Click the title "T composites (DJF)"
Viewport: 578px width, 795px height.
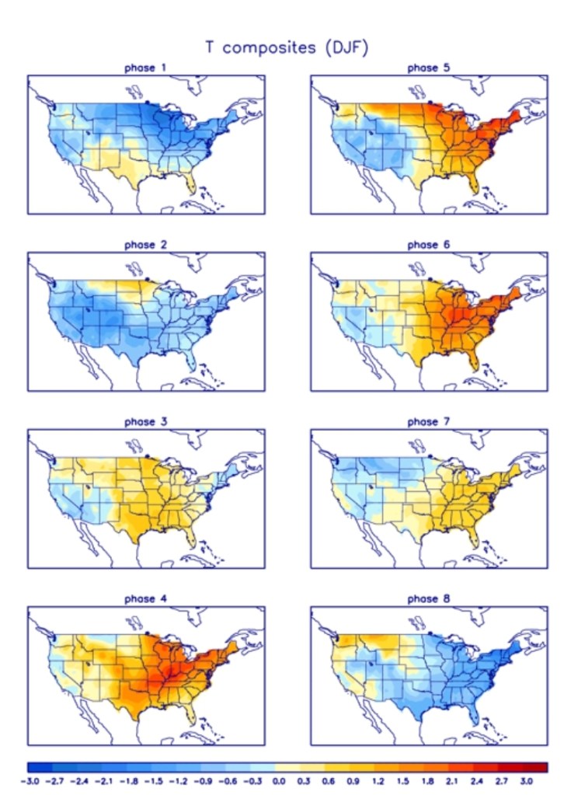tap(287, 47)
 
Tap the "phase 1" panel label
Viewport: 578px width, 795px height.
tap(145, 68)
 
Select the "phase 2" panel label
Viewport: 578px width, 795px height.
tap(145, 246)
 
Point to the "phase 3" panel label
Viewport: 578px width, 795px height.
tap(145, 422)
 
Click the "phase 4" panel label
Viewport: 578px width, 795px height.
tap(145, 599)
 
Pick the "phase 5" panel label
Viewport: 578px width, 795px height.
tap(428, 68)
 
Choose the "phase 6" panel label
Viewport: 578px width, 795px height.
tap(428, 246)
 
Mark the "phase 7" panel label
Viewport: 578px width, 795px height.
tap(428, 422)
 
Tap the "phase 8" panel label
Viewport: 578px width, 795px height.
tap(428, 599)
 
